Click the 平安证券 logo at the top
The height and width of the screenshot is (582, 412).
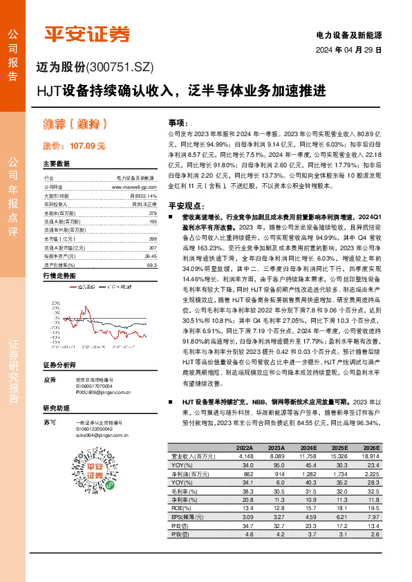click(x=87, y=34)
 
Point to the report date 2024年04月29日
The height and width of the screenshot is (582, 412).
click(x=349, y=50)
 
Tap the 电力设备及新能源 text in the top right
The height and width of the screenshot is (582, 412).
click(x=349, y=35)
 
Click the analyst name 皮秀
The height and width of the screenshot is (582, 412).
click(x=49, y=399)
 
